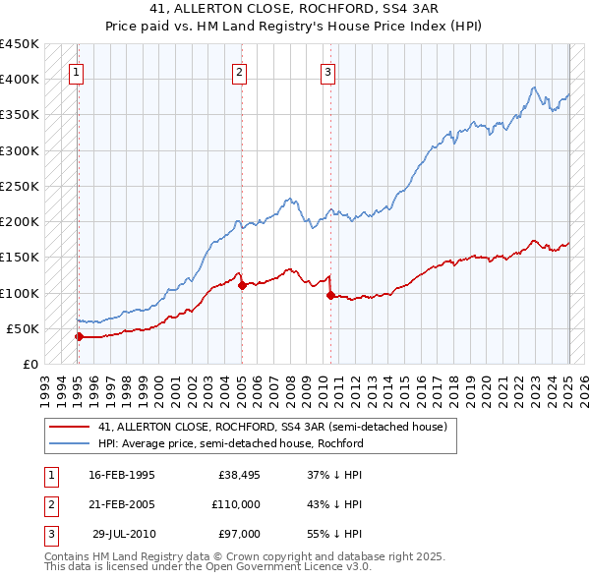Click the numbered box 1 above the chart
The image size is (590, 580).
click(76, 71)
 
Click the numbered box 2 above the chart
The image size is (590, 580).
click(240, 71)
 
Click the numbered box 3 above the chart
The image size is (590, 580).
click(328, 71)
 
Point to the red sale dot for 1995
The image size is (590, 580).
click(79, 336)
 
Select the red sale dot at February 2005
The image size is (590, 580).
click(242, 285)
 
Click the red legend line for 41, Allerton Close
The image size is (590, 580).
click(70, 427)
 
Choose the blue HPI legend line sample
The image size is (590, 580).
click(70, 443)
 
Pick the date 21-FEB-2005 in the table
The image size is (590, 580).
click(122, 504)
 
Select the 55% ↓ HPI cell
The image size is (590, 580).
click(335, 534)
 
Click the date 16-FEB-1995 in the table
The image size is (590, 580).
click(122, 474)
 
